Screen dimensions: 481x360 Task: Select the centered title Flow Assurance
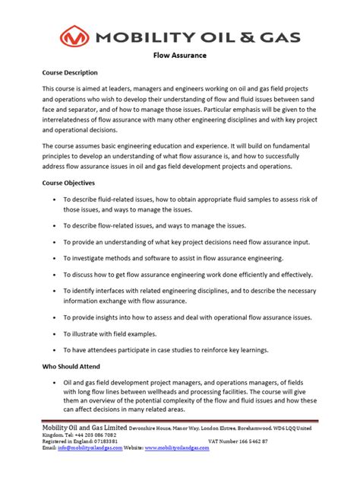pos(180,56)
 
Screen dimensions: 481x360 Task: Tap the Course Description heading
pos(70,72)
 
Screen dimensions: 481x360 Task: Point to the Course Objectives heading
pos(68,183)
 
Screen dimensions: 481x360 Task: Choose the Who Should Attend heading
pos(69,365)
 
